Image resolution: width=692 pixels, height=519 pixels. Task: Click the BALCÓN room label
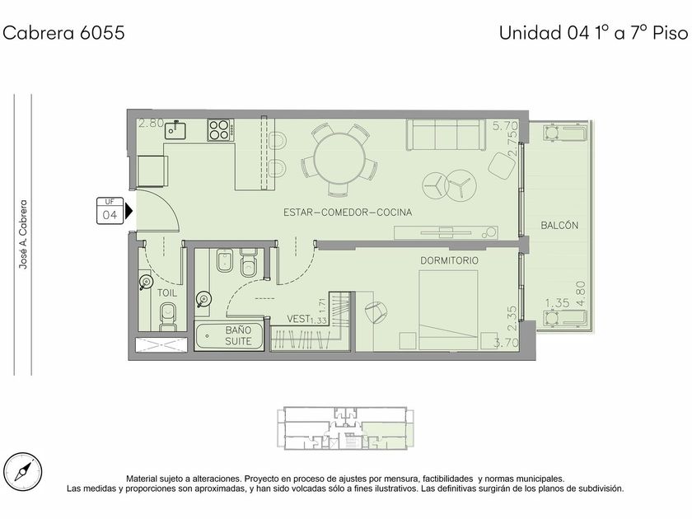click(559, 226)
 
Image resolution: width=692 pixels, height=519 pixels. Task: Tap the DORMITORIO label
click(449, 260)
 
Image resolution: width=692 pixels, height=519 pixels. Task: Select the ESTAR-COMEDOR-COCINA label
click(348, 213)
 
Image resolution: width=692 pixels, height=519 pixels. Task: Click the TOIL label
click(166, 292)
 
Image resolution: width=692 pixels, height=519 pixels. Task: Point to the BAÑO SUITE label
click(238, 335)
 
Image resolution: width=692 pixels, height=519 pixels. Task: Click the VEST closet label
click(297, 319)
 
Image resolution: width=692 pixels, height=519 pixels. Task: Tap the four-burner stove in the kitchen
click(220, 130)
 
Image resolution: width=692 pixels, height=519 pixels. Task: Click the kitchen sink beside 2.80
click(175, 130)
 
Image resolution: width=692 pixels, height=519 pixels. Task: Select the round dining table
click(339, 159)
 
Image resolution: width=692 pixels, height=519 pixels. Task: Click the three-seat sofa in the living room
click(447, 134)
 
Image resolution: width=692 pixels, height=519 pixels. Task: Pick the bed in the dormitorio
click(448, 310)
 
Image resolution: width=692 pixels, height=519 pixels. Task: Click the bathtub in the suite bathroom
click(229, 337)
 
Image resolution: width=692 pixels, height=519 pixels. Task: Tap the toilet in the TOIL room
click(168, 316)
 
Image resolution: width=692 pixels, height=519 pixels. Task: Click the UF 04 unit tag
click(110, 211)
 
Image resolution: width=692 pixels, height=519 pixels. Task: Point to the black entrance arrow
click(129, 211)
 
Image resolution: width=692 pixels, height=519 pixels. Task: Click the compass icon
click(23, 471)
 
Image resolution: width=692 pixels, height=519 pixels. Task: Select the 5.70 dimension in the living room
click(505, 126)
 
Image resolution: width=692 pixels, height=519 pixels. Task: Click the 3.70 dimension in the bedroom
click(505, 342)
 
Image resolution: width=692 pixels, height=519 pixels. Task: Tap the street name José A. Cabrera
click(23, 234)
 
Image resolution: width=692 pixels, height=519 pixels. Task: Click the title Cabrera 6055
click(63, 33)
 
